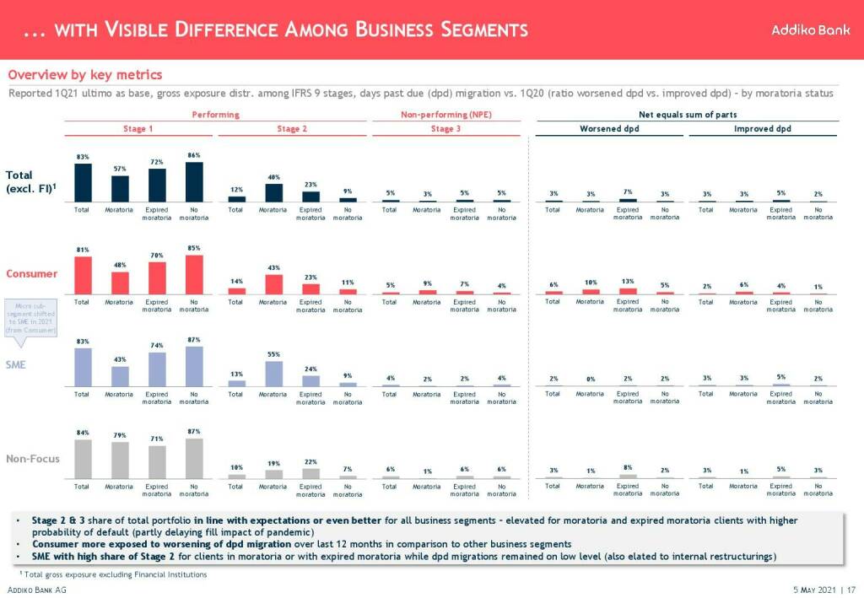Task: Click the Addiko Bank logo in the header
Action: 804,30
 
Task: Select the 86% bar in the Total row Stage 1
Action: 194,182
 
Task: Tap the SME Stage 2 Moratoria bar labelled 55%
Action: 273,374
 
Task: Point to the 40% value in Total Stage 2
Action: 273,177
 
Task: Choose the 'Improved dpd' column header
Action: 762,129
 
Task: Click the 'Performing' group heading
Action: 215,114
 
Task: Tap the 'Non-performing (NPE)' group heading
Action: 445,114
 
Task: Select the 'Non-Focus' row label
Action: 32,459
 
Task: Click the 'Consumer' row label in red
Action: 32,273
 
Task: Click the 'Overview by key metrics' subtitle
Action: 84,76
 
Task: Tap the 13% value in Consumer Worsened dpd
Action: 628,282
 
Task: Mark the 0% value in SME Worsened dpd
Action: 590,379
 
